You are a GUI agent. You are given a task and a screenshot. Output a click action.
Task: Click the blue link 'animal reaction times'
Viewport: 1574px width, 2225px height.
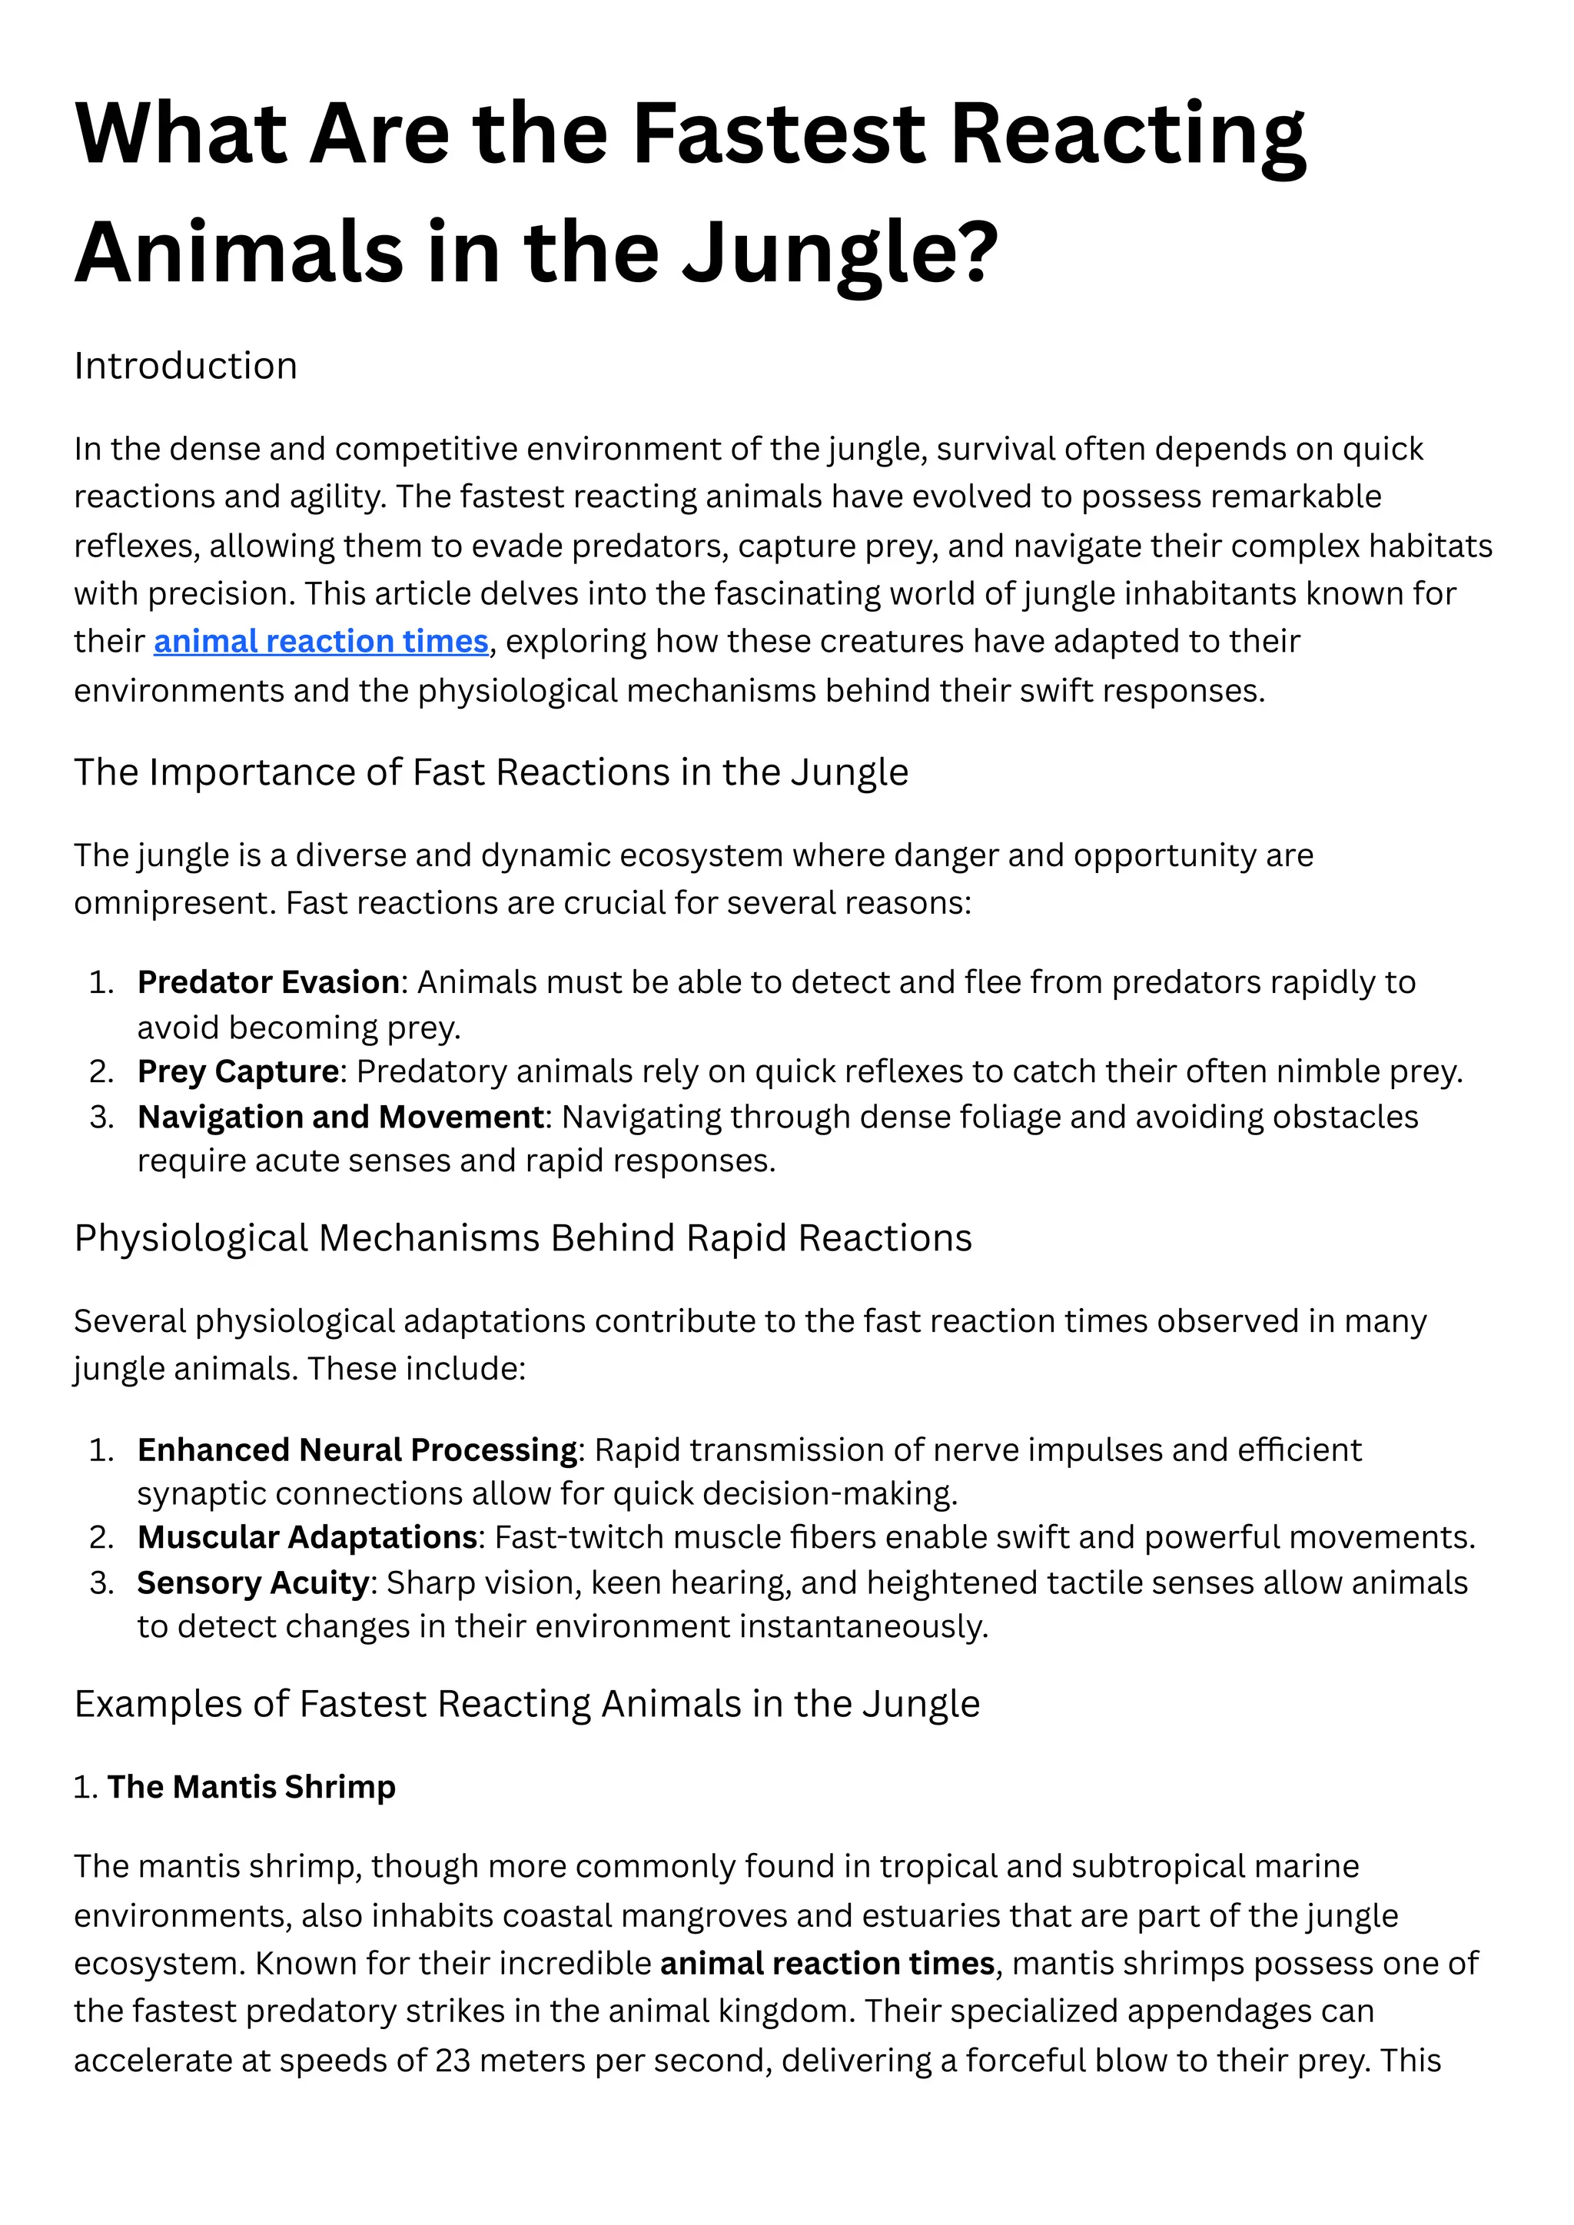[x=320, y=642]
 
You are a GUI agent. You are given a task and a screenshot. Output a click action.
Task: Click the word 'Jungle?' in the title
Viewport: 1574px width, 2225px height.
[x=839, y=252]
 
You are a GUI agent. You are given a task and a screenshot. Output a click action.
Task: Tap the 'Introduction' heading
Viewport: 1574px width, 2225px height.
[x=185, y=367]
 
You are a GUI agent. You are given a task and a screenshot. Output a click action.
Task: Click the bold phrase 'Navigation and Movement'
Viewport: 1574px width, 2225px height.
[x=340, y=1117]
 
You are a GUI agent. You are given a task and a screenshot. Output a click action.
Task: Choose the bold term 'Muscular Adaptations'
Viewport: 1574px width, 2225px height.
[x=307, y=1537]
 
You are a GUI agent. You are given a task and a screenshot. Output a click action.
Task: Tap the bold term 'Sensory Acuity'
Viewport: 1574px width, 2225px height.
[x=253, y=1582]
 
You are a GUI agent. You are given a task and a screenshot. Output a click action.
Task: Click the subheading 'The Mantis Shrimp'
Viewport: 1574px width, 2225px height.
[x=251, y=1786]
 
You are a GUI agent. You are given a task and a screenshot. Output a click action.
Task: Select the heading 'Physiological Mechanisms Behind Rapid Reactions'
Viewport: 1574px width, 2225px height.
[x=523, y=1238]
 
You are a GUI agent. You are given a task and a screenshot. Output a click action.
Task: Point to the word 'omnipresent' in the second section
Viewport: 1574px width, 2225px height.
[x=174, y=903]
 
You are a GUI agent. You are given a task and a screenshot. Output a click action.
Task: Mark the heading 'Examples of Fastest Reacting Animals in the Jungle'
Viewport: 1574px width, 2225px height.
[x=526, y=1704]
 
